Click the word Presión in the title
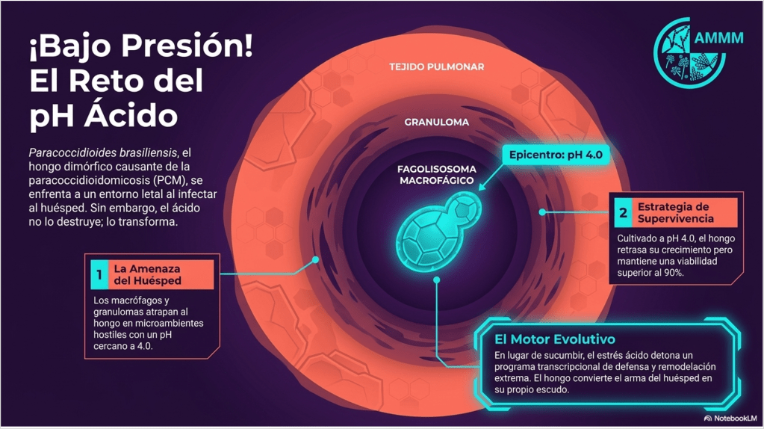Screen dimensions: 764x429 [x=187, y=46]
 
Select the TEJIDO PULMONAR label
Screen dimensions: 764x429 [x=437, y=67]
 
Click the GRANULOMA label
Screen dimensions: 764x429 [x=437, y=123]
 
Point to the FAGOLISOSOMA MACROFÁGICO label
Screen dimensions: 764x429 [x=436, y=175]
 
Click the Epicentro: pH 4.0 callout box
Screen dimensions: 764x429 [x=556, y=155]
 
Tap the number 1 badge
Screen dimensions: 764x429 [x=99, y=275]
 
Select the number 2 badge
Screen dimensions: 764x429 [x=623, y=212]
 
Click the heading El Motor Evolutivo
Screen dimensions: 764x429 [x=554, y=339]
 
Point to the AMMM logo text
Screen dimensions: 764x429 [x=718, y=37]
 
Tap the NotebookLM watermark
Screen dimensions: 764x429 [x=730, y=419]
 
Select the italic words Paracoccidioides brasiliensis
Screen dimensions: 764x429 [x=102, y=152]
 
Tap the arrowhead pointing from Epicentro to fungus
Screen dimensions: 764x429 [x=482, y=187]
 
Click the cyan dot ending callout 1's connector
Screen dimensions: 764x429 [x=315, y=260]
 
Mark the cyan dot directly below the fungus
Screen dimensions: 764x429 [x=437, y=280]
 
